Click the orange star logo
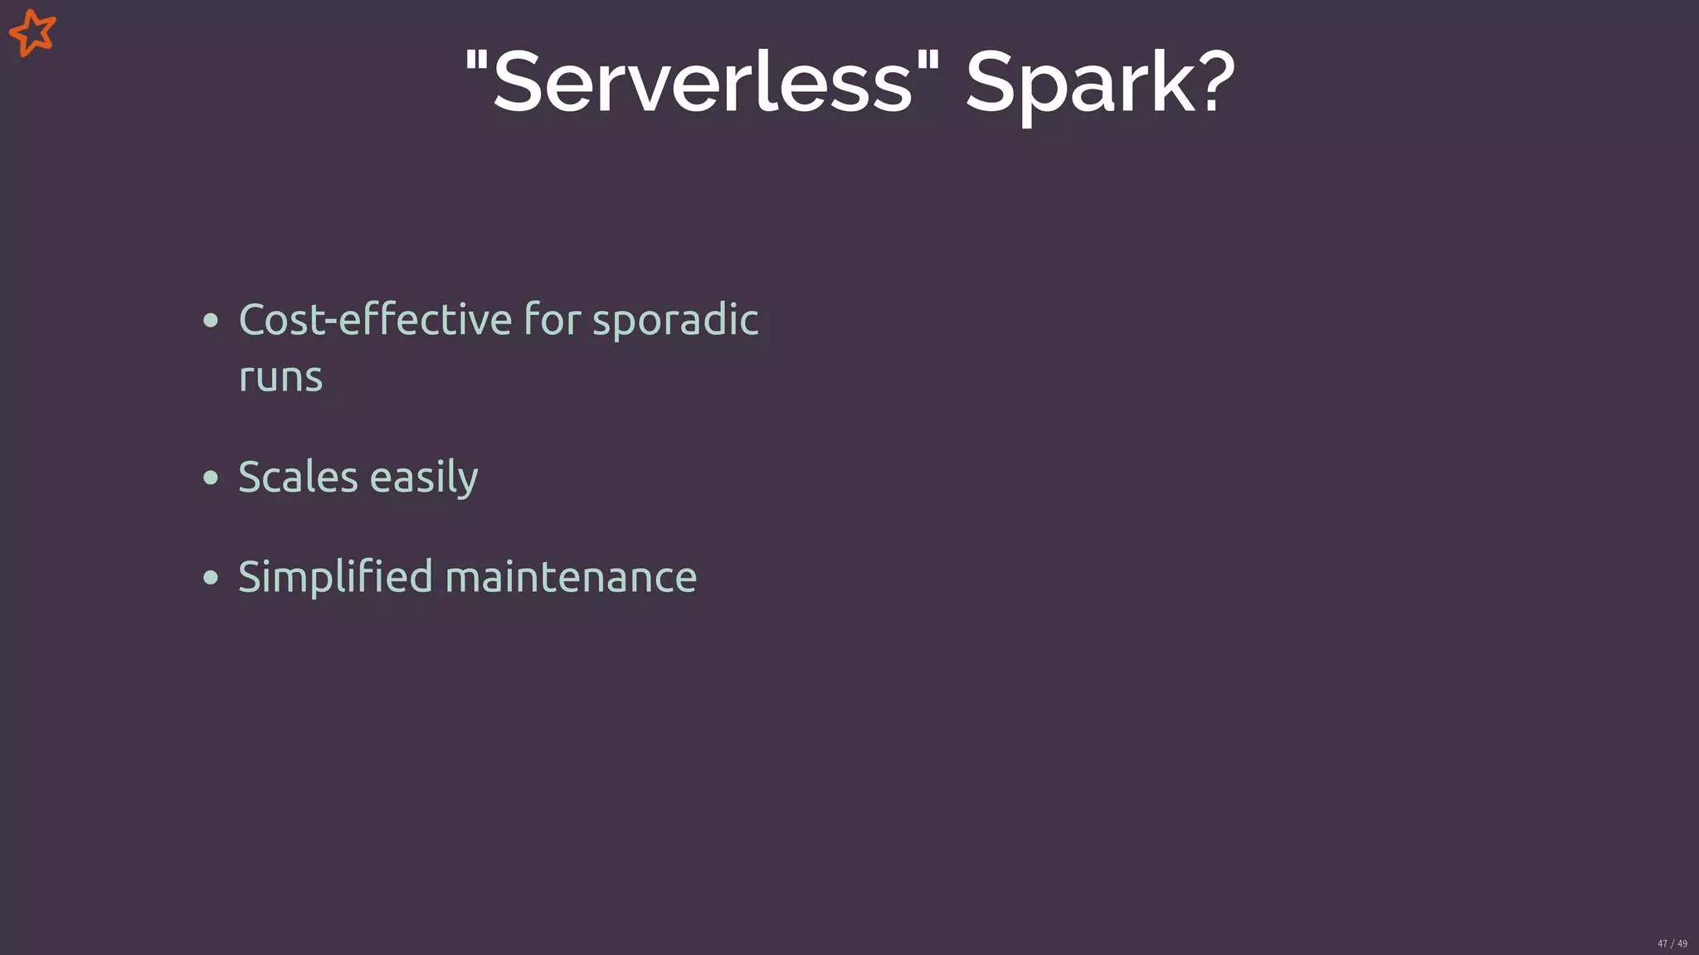pos(32,32)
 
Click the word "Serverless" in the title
pos(702,82)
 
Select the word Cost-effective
pos(375,319)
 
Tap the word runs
pos(280,378)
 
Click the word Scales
pos(298,477)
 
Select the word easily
pos(424,478)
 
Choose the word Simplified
pos(335,578)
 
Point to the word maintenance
pos(571,578)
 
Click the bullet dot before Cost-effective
pos(211,321)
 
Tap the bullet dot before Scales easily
pos(211,478)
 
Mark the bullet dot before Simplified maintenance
pos(211,578)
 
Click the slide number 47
pos(1662,943)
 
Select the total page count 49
pos(1682,943)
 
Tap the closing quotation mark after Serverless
pos(929,60)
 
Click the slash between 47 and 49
pos(1672,943)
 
